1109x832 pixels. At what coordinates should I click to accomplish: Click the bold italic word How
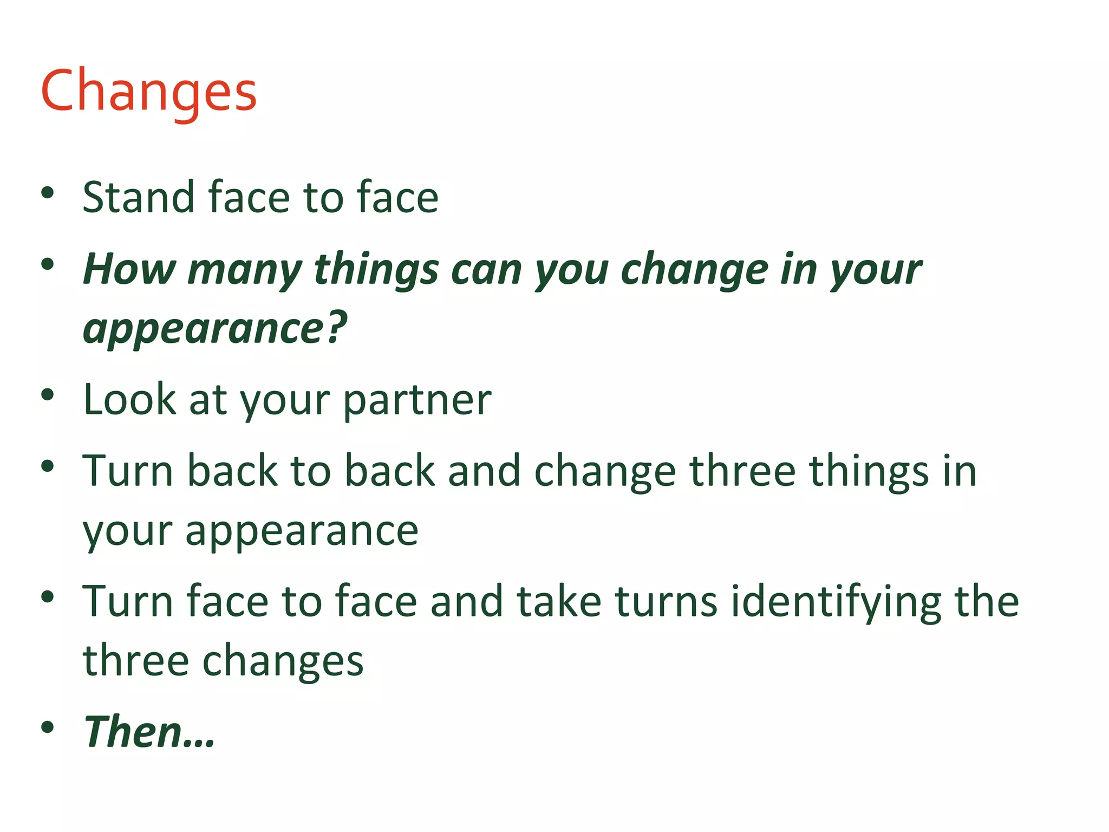pos(129,269)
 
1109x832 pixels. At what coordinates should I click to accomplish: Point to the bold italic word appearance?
pos(214,329)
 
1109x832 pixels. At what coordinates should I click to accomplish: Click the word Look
pos(130,400)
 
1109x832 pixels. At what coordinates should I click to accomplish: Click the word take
pos(559,601)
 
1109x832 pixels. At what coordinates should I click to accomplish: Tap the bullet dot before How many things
pos(48,264)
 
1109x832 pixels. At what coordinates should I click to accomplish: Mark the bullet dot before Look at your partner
pos(48,395)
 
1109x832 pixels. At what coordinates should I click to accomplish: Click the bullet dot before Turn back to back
pos(48,466)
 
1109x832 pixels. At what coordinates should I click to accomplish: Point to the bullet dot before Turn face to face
pos(48,597)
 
